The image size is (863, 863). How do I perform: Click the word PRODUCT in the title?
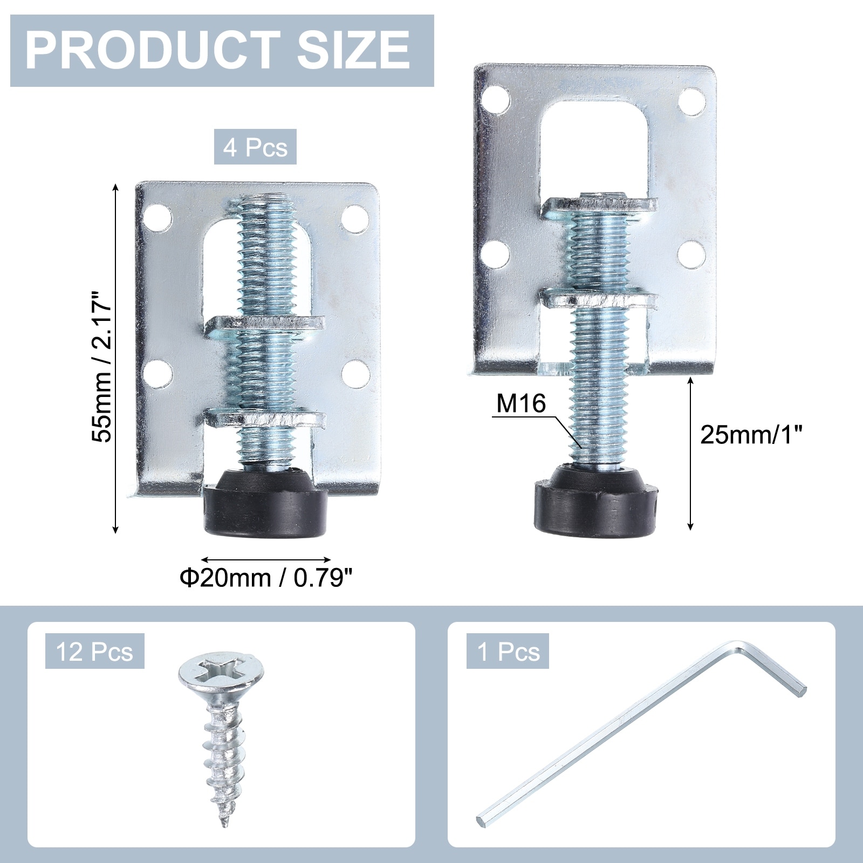[x=153, y=50]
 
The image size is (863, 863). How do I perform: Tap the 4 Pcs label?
[x=255, y=147]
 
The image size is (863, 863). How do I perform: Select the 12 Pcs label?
[x=94, y=651]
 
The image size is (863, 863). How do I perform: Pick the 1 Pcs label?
[x=508, y=651]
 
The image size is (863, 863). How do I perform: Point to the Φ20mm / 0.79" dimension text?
[x=266, y=578]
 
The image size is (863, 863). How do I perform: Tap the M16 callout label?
[x=521, y=403]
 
